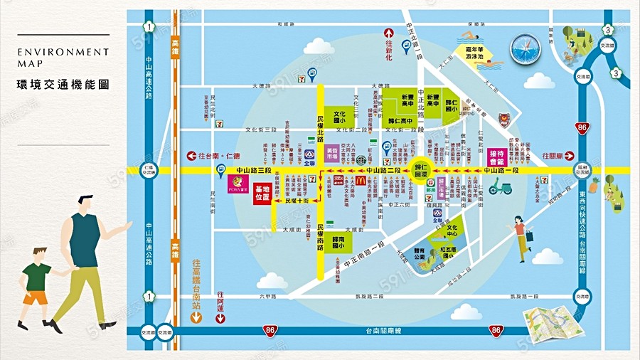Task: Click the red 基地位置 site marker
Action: point(262,193)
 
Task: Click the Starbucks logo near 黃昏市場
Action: point(362,159)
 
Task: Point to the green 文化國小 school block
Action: point(339,115)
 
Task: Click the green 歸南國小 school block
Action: point(339,243)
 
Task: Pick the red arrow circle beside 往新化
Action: point(389,33)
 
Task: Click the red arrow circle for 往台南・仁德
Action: point(191,156)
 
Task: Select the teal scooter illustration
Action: point(501,188)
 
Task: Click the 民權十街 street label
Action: point(297,202)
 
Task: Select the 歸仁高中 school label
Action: point(404,122)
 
